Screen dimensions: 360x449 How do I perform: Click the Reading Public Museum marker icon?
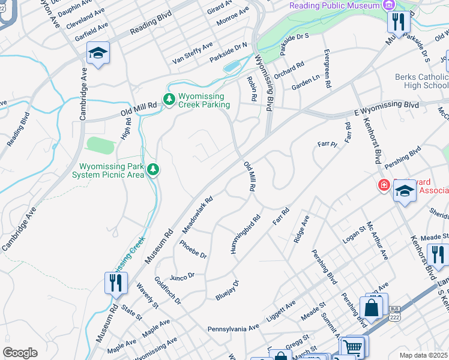[x=390, y=5]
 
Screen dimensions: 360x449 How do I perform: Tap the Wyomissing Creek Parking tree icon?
[x=169, y=100]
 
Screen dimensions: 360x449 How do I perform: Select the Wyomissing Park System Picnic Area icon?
[x=154, y=170]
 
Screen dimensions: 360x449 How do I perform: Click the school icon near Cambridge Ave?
[x=98, y=53]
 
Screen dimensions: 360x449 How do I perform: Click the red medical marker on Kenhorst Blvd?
[x=383, y=186]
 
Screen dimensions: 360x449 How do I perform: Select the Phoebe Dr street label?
[x=193, y=249]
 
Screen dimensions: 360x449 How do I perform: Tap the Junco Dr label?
[x=182, y=276]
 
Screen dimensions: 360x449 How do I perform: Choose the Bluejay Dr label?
[x=228, y=290]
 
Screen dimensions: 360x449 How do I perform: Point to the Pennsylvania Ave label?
[x=233, y=329]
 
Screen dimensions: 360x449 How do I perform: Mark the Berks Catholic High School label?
[x=421, y=81]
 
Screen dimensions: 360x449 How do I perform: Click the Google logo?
[x=20, y=353]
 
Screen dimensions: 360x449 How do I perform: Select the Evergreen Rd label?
[x=327, y=69]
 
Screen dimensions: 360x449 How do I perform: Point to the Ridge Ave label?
[x=301, y=229]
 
